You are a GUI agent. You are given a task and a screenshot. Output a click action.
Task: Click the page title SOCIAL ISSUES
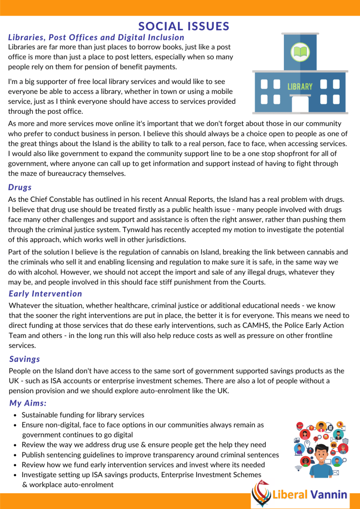pyautogui.click(x=183, y=26)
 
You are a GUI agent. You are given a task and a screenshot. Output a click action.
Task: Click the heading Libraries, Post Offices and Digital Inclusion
pyautogui.click(x=96, y=37)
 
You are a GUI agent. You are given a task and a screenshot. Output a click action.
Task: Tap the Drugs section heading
pyautogui.click(x=20, y=187)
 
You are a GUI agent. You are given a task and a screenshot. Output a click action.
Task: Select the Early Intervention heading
pyautogui.click(x=45, y=294)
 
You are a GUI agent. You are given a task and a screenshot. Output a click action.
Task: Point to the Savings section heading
pyautogui.click(x=25, y=359)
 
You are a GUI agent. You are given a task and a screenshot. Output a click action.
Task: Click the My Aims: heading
pyautogui.click(x=28, y=403)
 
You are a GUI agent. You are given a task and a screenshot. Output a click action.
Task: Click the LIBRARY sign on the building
pyautogui.click(x=300, y=86)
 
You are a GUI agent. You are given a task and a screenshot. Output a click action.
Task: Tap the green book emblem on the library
pyautogui.click(x=300, y=52)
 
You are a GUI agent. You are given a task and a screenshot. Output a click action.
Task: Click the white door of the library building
pyautogui.click(x=300, y=104)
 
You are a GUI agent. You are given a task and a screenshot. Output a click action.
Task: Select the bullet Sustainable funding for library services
pyautogui.click(x=83, y=415)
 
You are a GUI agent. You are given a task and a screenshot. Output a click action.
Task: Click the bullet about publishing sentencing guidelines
pyautogui.click(x=150, y=455)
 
